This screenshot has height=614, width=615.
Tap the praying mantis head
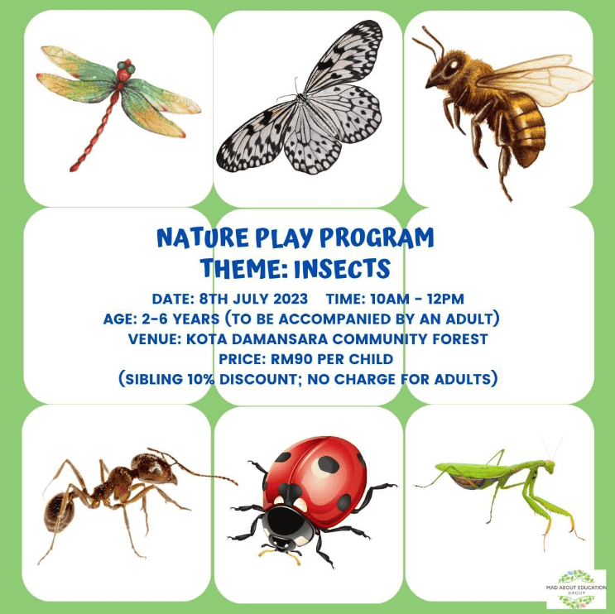pos(548,465)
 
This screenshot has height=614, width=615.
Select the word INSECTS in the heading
pos(342,269)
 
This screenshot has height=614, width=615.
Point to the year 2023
pos(291,299)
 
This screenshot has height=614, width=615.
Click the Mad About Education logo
pos(576,589)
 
